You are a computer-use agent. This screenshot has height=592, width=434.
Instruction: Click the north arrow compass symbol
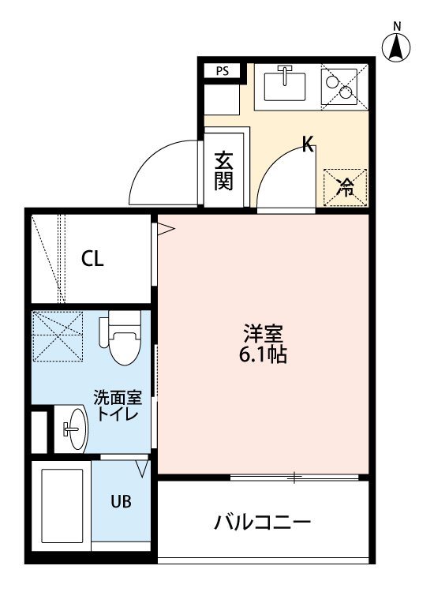396,46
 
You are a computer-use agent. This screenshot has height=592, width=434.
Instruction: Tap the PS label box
223,71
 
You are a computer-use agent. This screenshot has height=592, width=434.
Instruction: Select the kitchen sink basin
285,86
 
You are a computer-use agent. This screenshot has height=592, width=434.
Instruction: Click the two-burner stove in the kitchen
339,87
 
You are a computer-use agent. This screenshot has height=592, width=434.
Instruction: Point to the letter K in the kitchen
308,144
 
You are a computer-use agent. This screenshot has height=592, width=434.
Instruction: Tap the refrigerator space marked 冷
346,187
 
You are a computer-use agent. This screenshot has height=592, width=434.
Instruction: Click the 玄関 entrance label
223,170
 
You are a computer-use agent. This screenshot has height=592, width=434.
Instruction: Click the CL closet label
92,259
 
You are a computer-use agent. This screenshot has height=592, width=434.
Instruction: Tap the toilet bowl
125,338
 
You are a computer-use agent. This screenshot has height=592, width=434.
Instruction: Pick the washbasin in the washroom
77,429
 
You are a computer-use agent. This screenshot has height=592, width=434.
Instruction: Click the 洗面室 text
118,398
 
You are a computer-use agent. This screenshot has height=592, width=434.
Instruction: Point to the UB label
121,501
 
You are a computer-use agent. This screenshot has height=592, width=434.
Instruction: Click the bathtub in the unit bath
62,506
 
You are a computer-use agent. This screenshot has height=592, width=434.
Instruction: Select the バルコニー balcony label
263,523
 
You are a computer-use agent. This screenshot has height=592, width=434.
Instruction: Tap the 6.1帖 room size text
263,354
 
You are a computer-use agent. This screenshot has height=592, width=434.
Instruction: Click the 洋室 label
263,332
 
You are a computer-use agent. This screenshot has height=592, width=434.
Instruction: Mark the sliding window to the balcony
294,478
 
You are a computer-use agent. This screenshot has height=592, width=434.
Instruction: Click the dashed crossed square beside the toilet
58,336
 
